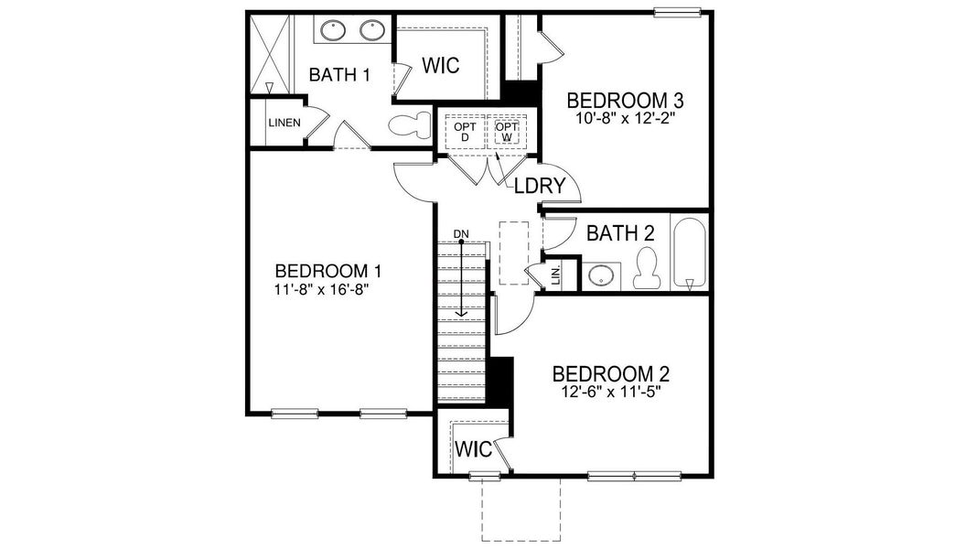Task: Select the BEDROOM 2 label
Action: [x=611, y=373]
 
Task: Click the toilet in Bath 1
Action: [x=409, y=126]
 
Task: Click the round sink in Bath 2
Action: [x=600, y=274]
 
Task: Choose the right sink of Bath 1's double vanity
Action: [x=371, y=30]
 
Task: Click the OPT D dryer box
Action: [x=465, y=132]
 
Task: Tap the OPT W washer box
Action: [x=506, y=132]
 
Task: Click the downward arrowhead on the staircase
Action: [x=462, y=312]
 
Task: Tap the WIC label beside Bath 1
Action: [x=439, y=66]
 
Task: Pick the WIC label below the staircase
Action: [x=473, y=450]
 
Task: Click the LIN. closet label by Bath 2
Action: [x=554, y=274]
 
